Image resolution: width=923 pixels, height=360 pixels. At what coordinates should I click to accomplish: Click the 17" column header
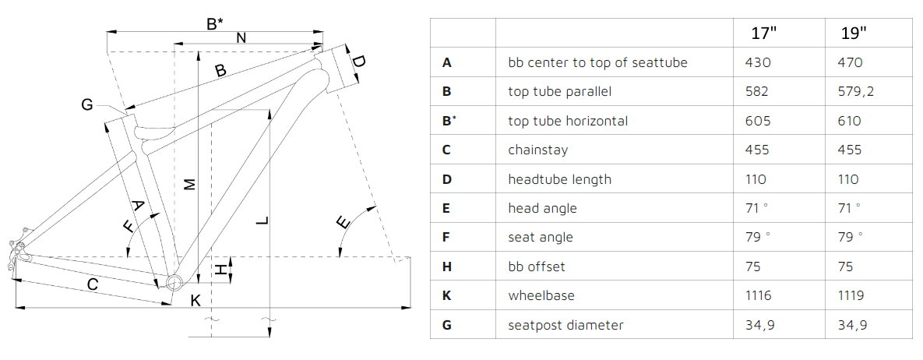click(x=764, y=33)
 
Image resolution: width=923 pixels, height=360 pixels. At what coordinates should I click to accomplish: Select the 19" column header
click(x=854, y=33)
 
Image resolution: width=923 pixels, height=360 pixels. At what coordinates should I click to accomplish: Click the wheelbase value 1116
click(x=758, y=295)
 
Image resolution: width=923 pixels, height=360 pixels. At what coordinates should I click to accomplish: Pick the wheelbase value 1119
click(x=851, y=295)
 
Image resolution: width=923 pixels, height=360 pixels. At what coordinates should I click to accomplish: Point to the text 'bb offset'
click(x=536, y=266)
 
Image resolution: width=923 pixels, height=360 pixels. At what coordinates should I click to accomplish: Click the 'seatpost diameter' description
click(x=565, y=325)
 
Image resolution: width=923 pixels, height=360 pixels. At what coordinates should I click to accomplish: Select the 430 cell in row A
click(x=757, y=62)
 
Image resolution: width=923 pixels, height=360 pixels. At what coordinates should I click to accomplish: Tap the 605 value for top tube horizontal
click(x=757, y=121)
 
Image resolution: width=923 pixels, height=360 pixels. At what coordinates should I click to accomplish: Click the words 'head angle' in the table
click(x=542, y=208)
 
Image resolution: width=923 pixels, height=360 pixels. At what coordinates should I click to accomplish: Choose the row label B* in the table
click(x=449, y=120)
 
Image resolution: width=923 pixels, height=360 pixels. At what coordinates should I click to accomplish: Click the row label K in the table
click(x=447, y=295)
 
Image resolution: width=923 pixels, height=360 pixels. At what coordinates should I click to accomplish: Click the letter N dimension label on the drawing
click(x=241, y=37)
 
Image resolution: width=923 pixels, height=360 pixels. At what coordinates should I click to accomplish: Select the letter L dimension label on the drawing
click(x=263, y=221)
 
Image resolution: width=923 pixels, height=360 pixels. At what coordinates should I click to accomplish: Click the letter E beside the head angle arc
click(x=343, y=223)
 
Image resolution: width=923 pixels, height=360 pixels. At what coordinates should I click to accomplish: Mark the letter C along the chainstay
click(x=93, y=284)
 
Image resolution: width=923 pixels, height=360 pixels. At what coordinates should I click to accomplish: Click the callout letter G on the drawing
click(x=87, y=105)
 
